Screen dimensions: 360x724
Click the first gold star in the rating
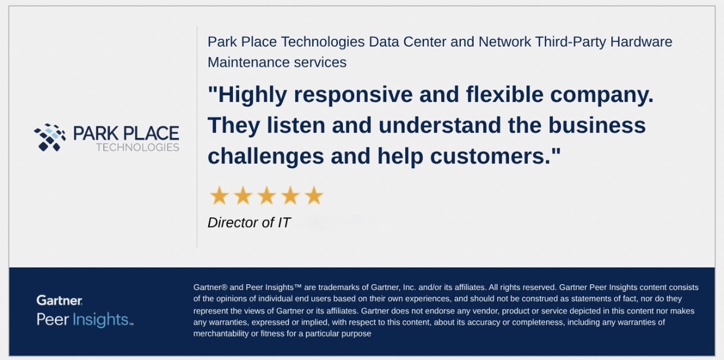(x=218, y=196)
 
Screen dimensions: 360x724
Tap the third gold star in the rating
(x=266, y=196)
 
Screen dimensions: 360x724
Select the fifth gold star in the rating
(x=314, y=196)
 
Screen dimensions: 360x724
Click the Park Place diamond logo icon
(x=50, y=137)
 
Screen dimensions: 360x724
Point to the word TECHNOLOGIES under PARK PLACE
(x=138, y=147)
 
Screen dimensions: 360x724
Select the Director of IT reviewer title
(x=249, y=223)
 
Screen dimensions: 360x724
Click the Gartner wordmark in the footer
(x=59, y=300)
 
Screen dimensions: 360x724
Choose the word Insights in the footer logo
(x=101, y=320)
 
